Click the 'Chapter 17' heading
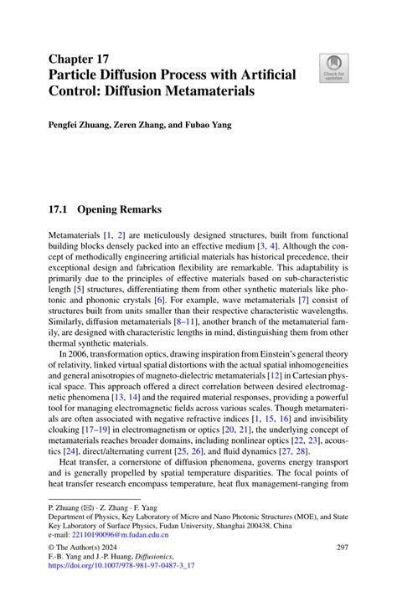80,58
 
